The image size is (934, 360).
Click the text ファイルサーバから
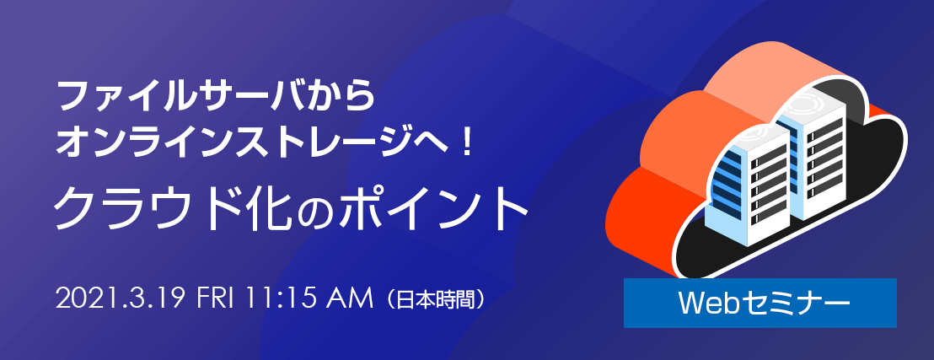(x=216, y=97)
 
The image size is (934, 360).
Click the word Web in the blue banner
(x=703, y=304)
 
